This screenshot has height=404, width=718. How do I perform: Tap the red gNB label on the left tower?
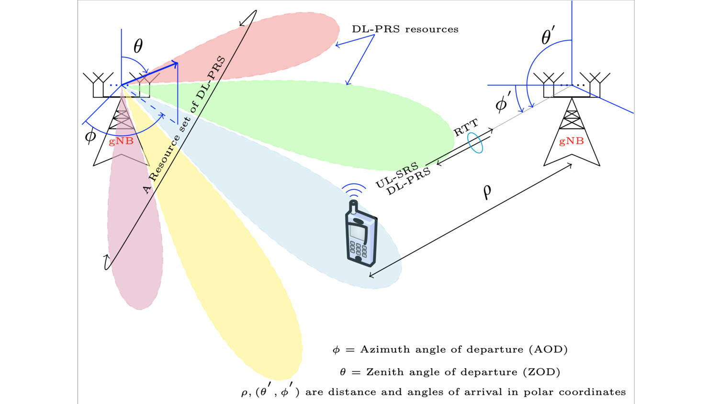(x=121, y=141)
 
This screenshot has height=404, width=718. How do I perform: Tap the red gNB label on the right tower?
(x=572, y=141)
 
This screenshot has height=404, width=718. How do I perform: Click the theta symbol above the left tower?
(x=138, y=46)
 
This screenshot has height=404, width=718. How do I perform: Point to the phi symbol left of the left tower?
(x=90, y=136)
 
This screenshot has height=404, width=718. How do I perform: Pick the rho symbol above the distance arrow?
(x=487, y=191)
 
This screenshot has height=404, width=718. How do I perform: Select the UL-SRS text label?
(x=397, y=175)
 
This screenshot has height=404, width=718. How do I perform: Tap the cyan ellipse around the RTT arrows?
(x=475, y=143)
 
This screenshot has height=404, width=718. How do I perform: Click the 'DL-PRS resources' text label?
(x=405, y=29)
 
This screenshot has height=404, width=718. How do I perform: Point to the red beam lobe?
(x=268, y=46)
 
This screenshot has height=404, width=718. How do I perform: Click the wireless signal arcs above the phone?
(x=354, y=191)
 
